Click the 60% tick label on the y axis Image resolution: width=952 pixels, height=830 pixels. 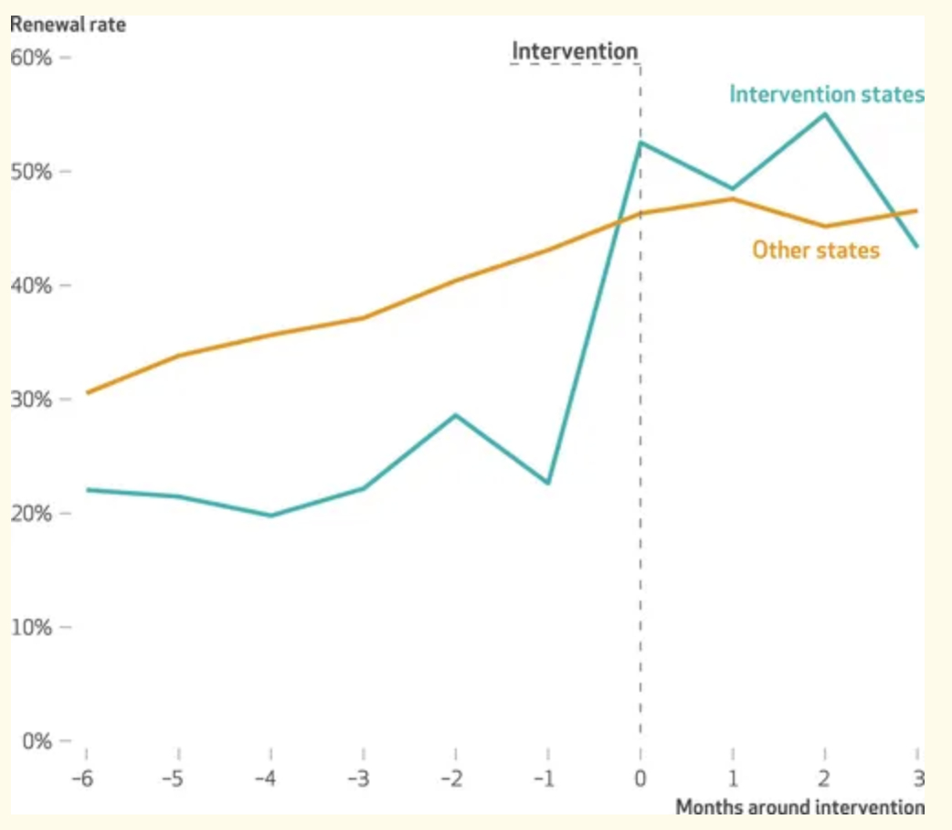point(31,59)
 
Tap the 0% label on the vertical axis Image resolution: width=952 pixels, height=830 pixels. point(36,740)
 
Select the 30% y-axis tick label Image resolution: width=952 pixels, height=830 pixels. point(31,399)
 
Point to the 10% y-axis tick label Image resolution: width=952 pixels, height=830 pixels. point(31,627)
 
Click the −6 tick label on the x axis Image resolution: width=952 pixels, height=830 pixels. point(85,779)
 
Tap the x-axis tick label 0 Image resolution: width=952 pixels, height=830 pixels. point(640,779)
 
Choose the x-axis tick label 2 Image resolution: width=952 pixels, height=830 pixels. point(825,779)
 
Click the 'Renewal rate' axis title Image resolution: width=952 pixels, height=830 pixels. point(68,25)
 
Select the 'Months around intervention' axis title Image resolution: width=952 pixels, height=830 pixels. point(799,807)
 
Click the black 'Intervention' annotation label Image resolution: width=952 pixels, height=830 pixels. point(575,50)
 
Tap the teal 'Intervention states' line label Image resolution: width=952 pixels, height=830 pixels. point(827,94)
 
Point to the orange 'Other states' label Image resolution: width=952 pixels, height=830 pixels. point(816,250)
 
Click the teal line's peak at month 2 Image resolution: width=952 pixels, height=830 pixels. point(825,114)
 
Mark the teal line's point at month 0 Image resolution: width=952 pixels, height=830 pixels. point(640,143)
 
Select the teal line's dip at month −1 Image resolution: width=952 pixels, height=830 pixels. point(548,483)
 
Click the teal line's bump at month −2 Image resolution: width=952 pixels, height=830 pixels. point(456,415)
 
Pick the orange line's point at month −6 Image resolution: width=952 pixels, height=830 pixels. point(86,393)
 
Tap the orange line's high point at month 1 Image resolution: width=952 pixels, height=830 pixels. point(733,198)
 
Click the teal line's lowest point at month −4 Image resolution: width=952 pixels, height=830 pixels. point(271,516)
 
